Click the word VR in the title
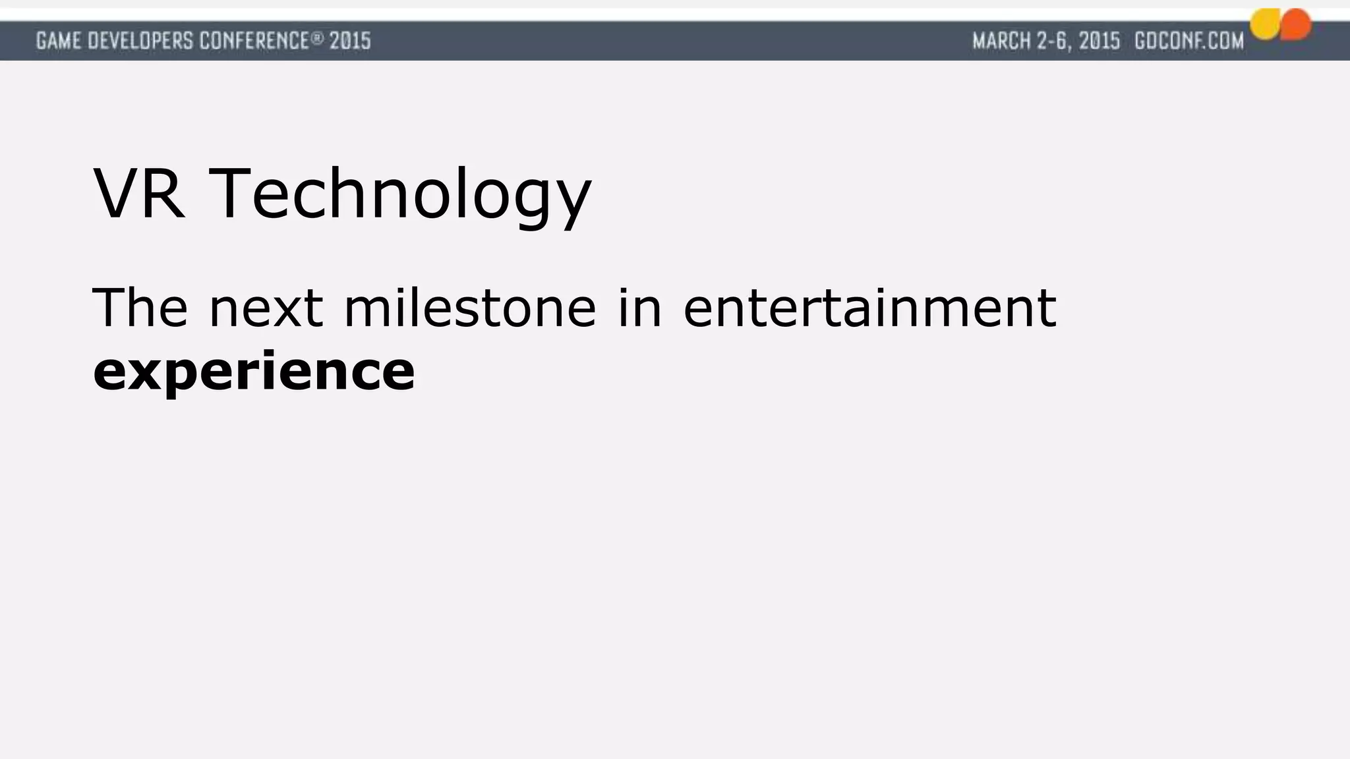click(139, 194)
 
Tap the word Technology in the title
click(400, 196)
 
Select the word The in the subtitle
click(140, 307)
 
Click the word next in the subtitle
click(266, 308)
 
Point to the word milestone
click(470, 307)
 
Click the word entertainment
click(869, 308)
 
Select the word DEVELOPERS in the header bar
click(141, 42)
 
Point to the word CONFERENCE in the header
click(254, 42)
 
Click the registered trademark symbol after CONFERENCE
click(318, 38)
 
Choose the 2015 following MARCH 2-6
click(1100, 42)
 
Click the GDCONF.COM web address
click(1189, 42)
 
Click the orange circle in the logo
click(1296, 25)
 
